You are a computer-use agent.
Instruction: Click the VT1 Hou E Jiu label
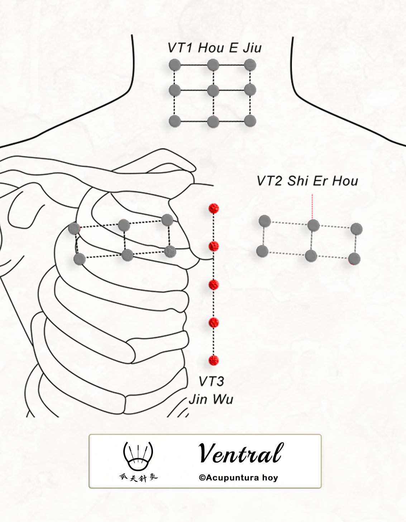click(x=215, y=48)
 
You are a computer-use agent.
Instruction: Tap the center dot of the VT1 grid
click(x=213, y=91)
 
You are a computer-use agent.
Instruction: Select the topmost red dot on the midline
click(x=214, y=209)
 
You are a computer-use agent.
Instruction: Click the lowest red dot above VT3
click(x=214, y=360)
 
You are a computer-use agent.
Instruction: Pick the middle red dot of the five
click(x=214, y=285)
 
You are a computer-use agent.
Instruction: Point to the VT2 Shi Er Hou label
click(x=307, y=181)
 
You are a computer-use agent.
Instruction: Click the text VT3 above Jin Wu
click(x=211, y=381)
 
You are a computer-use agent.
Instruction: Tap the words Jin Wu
click(x=211, y=399)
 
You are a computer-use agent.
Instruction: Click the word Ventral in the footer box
click(x=241, y=453)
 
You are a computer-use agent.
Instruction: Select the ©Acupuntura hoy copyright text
click(x=238, y=477)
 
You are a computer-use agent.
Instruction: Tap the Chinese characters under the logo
click(x=139, y=478)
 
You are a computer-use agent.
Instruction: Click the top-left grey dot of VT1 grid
click(x=175, y=65)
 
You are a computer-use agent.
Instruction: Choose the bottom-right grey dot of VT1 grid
click(x=250, y=121)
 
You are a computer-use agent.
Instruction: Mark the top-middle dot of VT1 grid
click(x=213, y=65)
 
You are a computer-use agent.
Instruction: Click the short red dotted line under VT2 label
click(x=312, y=207)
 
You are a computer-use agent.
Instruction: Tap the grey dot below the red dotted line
click(x=314, y=225)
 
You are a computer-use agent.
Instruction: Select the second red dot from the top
click(x=214, y=246)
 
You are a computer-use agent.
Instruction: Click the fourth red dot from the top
click(x=214, y=322)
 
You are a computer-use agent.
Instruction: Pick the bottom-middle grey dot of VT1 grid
click(x=213, y=121)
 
